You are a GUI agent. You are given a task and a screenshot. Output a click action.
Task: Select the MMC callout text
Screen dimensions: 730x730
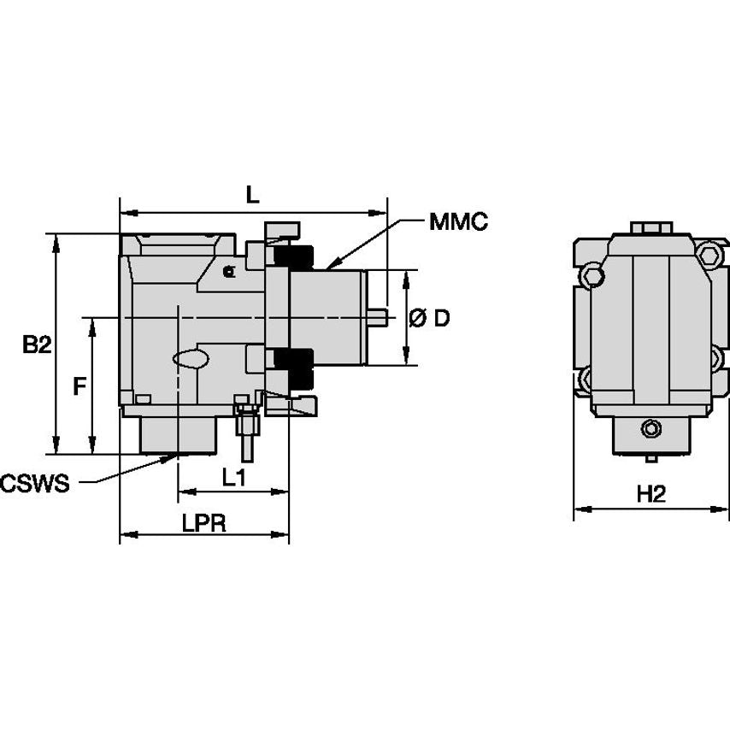pos(458,223)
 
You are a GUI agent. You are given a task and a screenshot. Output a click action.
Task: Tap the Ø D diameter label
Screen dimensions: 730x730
pos(429,318)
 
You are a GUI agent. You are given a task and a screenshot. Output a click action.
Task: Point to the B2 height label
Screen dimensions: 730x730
pos(37,344)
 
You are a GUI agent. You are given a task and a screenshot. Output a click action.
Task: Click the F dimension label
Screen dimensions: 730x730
pos(79,386)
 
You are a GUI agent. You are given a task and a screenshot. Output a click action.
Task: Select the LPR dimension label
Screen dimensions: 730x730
pos(203,523)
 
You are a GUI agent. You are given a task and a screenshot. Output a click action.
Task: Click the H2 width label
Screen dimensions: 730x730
pos(651,494)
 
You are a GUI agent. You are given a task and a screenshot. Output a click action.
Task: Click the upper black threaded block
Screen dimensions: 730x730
pos(294,256)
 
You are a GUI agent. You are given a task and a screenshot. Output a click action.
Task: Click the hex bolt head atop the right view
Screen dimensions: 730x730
pos(651,229)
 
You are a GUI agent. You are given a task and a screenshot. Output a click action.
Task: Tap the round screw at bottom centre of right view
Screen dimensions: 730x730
pos(651,429)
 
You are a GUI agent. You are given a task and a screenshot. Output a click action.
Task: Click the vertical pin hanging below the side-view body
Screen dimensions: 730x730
pos(245,434)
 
